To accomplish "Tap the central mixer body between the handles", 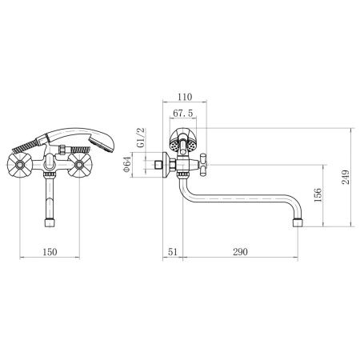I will click(50, 164).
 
